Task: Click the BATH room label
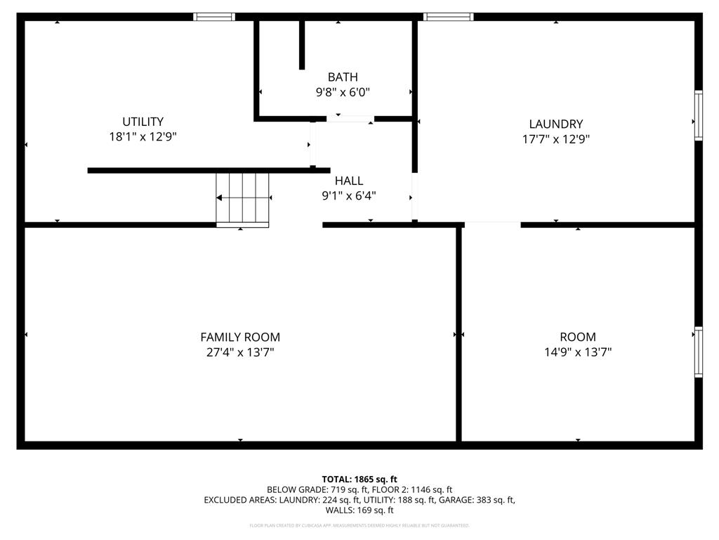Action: (x=343, y=77)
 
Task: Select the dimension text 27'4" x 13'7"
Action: (x=240, y=352)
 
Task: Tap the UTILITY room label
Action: (x=143, y=122)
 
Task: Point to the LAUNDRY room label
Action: (x=555, y=124)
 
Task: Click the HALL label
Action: (x=349, y=181)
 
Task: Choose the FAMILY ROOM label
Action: (x=240, y=337)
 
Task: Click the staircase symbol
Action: (x=242, y=199)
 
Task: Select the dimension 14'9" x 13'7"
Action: (x=578, y=352)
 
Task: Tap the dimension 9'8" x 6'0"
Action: (x=343, y=92)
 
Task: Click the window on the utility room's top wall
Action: (x=214, y=17)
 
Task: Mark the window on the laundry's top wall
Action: (x=449, y=17)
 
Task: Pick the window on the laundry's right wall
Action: (x=698, y=115)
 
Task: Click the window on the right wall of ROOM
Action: (x=698, y=352)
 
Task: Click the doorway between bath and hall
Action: (x=350, y=119)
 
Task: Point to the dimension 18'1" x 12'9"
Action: (x=143, y=137)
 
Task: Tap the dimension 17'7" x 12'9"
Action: (x=555, y=139)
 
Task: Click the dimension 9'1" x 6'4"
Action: (x=349, y=196)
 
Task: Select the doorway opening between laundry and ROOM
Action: (x=492, y=224)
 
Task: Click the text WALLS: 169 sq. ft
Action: (x=359, y=510)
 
